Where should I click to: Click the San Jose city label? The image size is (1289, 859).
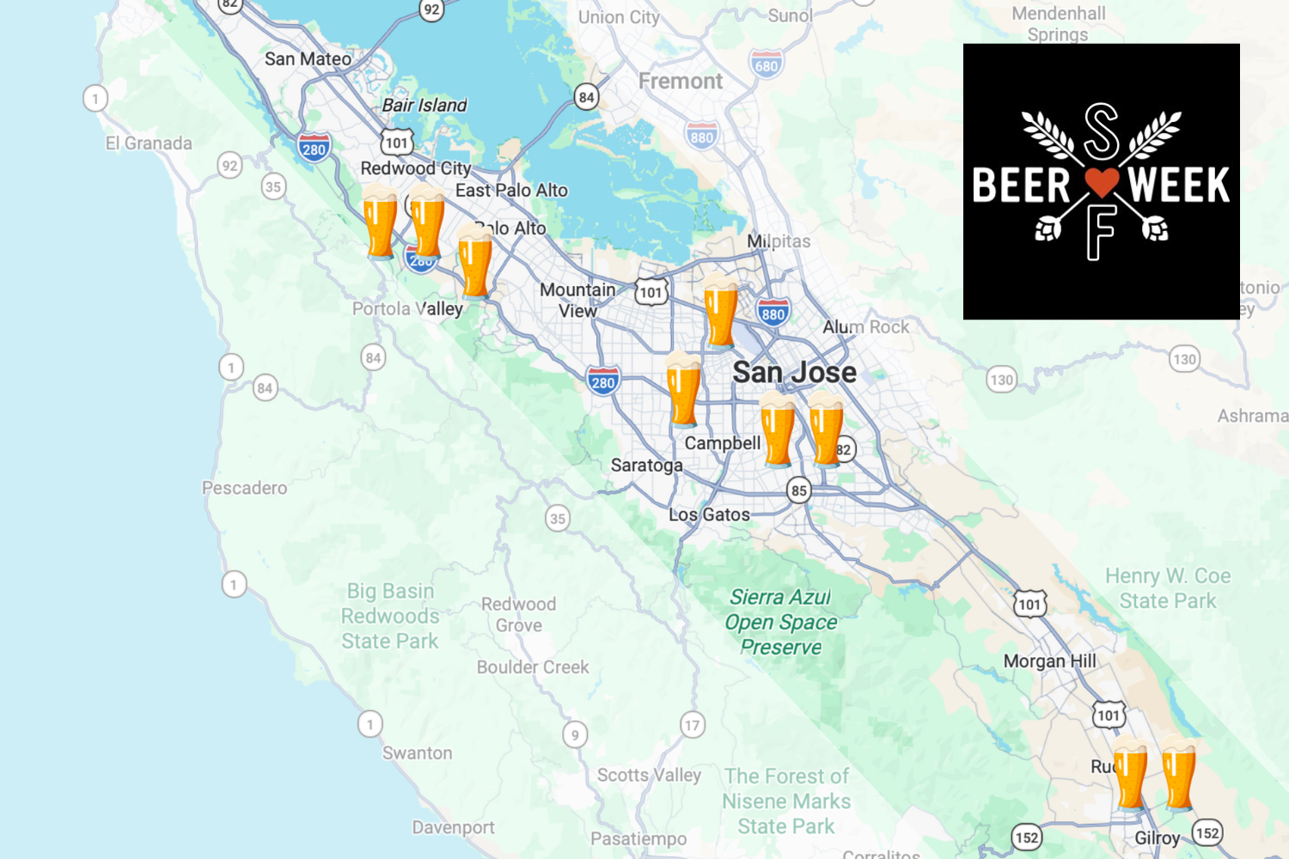pos(794,372)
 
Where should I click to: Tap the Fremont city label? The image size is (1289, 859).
pos(680,82)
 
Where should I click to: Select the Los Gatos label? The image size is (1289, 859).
pos(709,515)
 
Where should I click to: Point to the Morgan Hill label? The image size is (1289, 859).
pos(1049,661)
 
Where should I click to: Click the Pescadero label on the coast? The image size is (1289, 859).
pos(244,488)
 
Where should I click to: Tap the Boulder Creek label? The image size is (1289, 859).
pos(533,667)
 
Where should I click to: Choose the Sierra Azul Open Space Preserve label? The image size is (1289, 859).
pos(780,622)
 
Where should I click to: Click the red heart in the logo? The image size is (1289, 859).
pos(1101,181)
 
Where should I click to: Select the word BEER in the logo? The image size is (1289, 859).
pos(1021,186)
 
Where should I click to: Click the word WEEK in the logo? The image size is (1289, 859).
pos(1179,186)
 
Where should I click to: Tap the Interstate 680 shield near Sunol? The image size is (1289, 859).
pos(766,65)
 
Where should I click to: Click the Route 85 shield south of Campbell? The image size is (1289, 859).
pos(799,490)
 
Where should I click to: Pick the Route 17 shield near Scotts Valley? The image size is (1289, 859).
pos(692,725)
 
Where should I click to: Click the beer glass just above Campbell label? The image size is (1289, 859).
pos(684,391)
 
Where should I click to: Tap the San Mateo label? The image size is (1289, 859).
pos(308,59)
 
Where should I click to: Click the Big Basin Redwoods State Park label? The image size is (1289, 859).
pos(390,616)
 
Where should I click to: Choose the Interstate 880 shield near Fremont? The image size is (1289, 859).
pos(701,136)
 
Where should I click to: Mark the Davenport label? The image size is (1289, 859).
pos(453,827)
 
